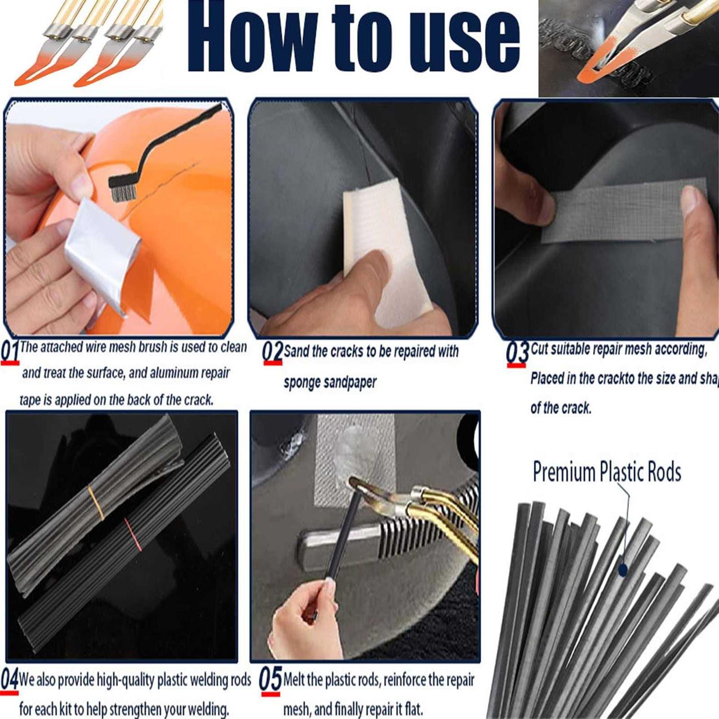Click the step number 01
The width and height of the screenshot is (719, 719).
(10, 351)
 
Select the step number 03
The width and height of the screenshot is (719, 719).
(517, 353)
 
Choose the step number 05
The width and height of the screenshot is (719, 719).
(270, 679)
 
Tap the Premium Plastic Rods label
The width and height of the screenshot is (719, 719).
(607, 472)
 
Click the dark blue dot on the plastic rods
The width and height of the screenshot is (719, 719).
(623, 570)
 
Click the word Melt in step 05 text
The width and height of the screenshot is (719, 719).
(295, 680)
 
